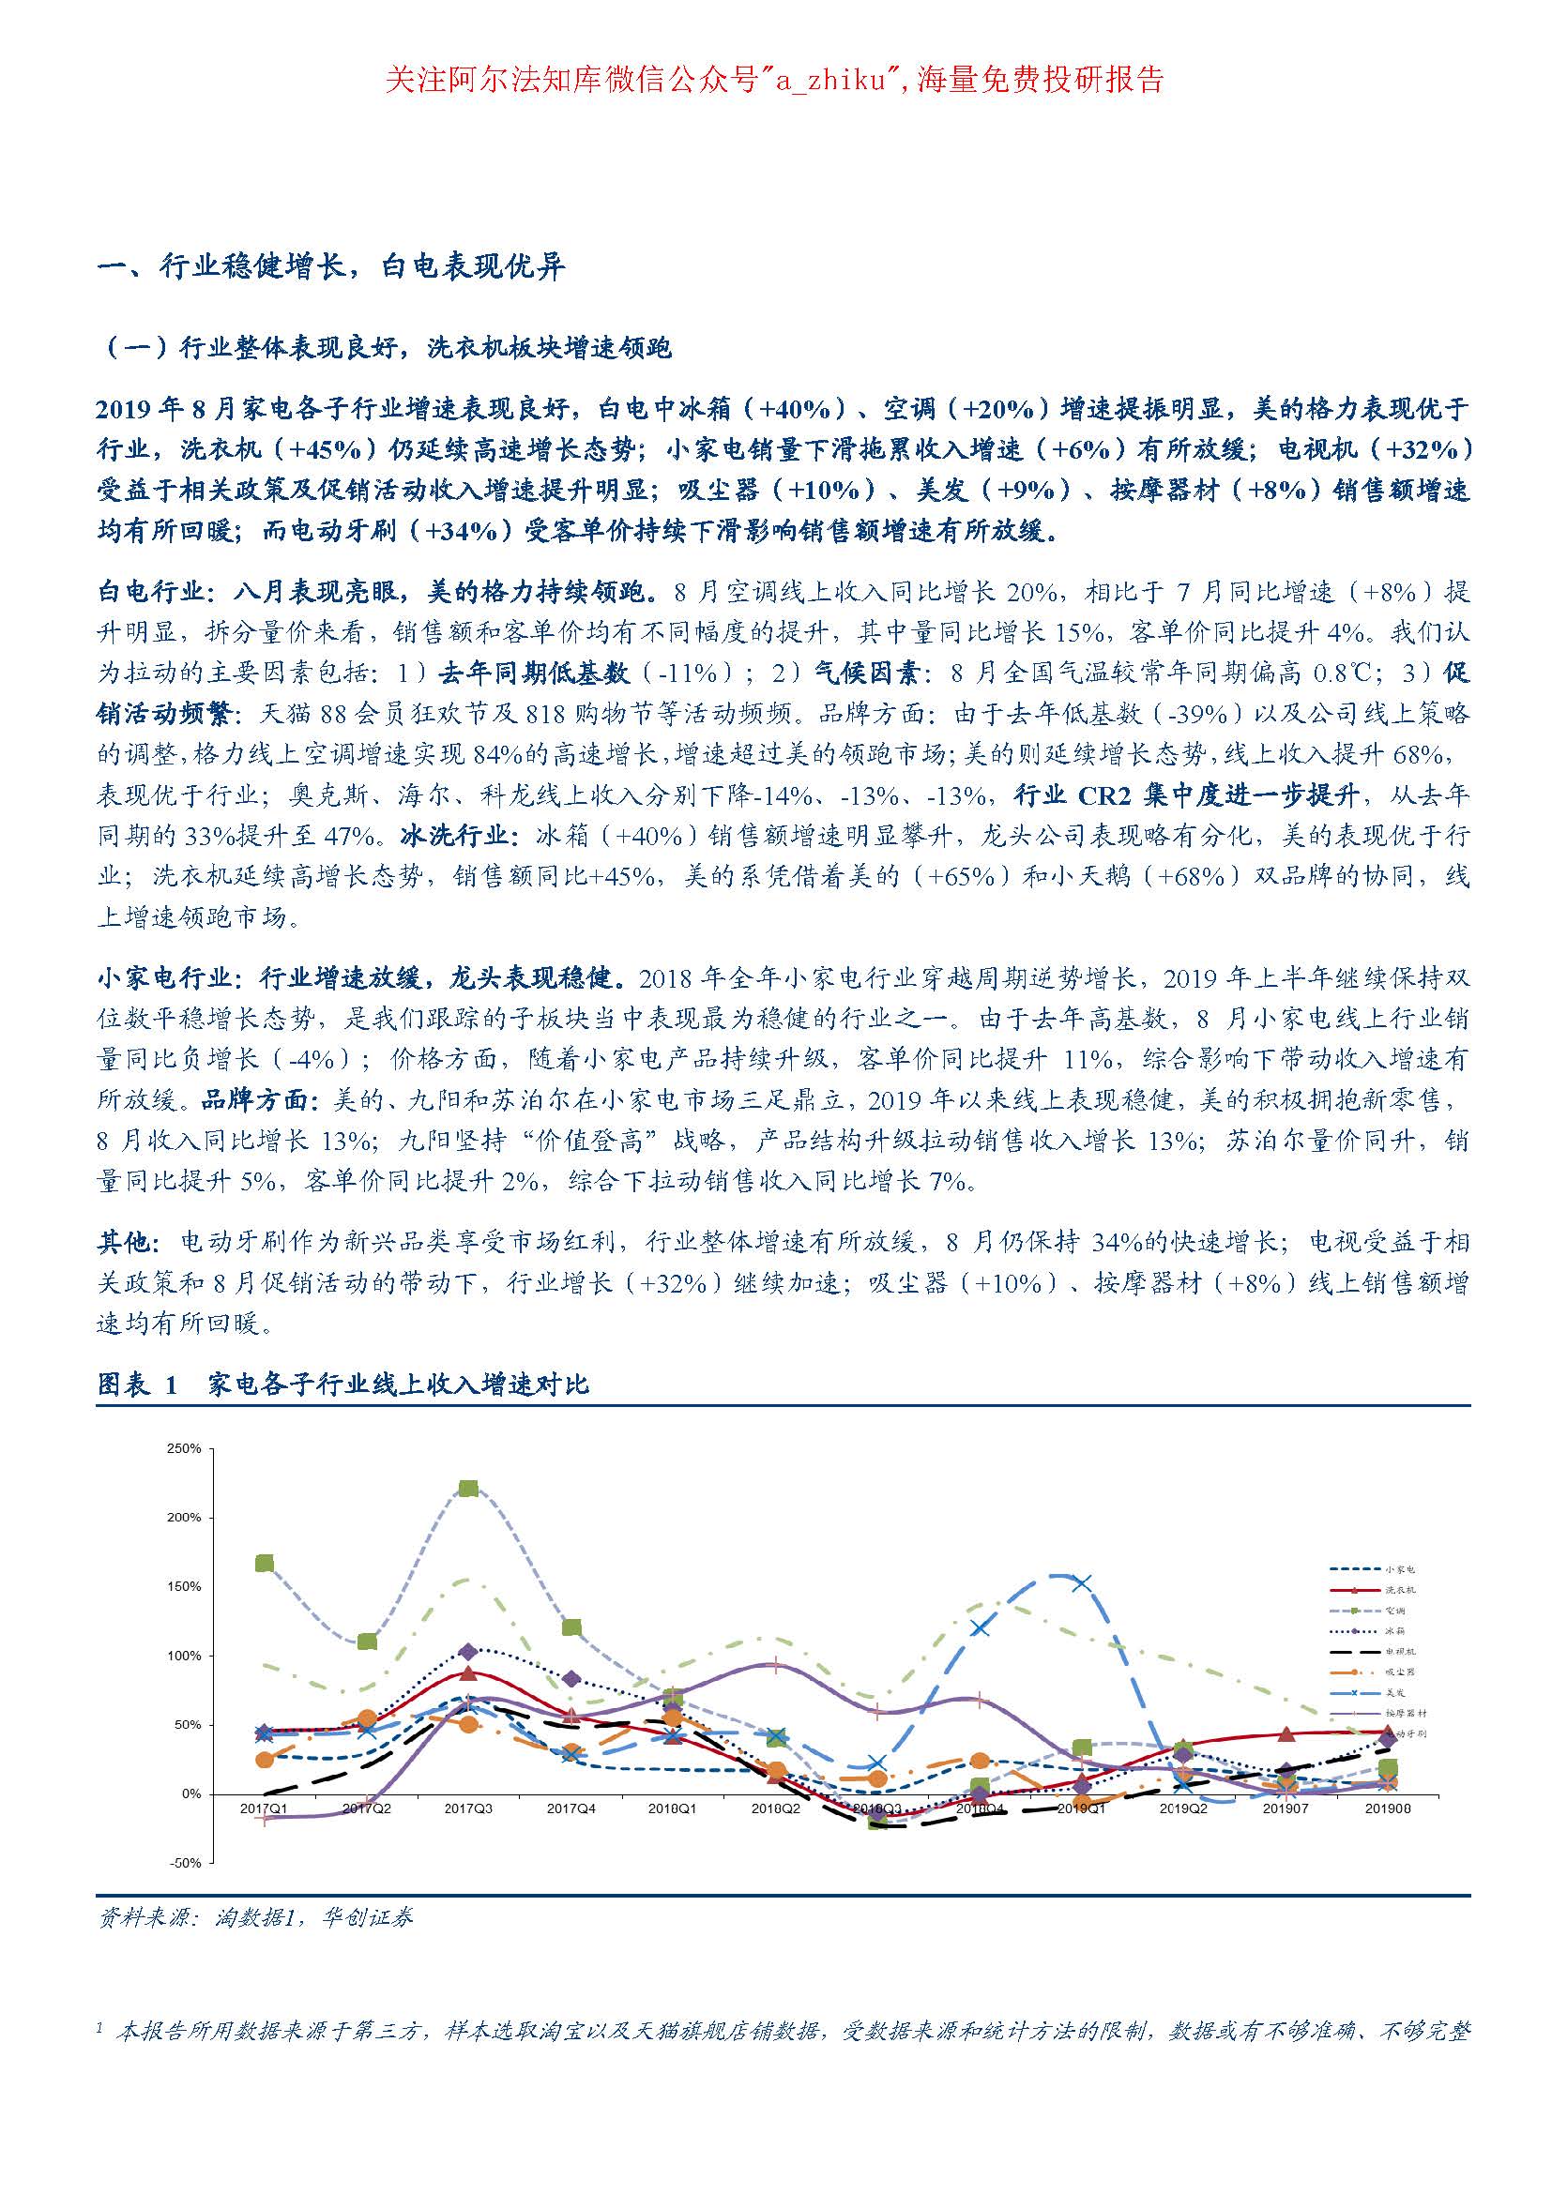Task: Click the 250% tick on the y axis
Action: [x=184, y=1448]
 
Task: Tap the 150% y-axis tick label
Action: [x=184, y=1586]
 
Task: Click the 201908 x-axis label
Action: [x=1388, y=1808]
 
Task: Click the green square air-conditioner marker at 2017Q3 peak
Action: [x=468, y=1489]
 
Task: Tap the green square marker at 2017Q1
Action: [x=265, y=1564]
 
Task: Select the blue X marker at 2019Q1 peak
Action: [x=1081, y=1583]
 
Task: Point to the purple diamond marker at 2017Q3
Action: [x=468, y=1652]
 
